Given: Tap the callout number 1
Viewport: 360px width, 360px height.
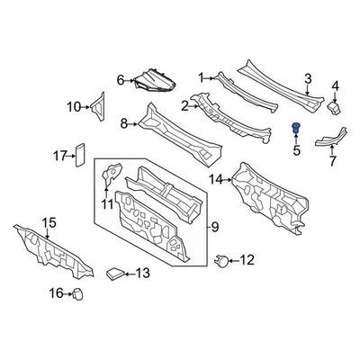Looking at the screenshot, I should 202,77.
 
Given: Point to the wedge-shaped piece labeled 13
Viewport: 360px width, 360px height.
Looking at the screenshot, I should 113,273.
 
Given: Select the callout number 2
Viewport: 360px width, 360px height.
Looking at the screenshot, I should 184,105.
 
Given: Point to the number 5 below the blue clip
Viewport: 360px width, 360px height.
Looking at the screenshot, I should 293,149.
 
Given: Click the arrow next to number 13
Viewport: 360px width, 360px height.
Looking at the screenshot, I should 129,274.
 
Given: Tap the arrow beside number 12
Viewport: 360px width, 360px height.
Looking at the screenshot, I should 230,261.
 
